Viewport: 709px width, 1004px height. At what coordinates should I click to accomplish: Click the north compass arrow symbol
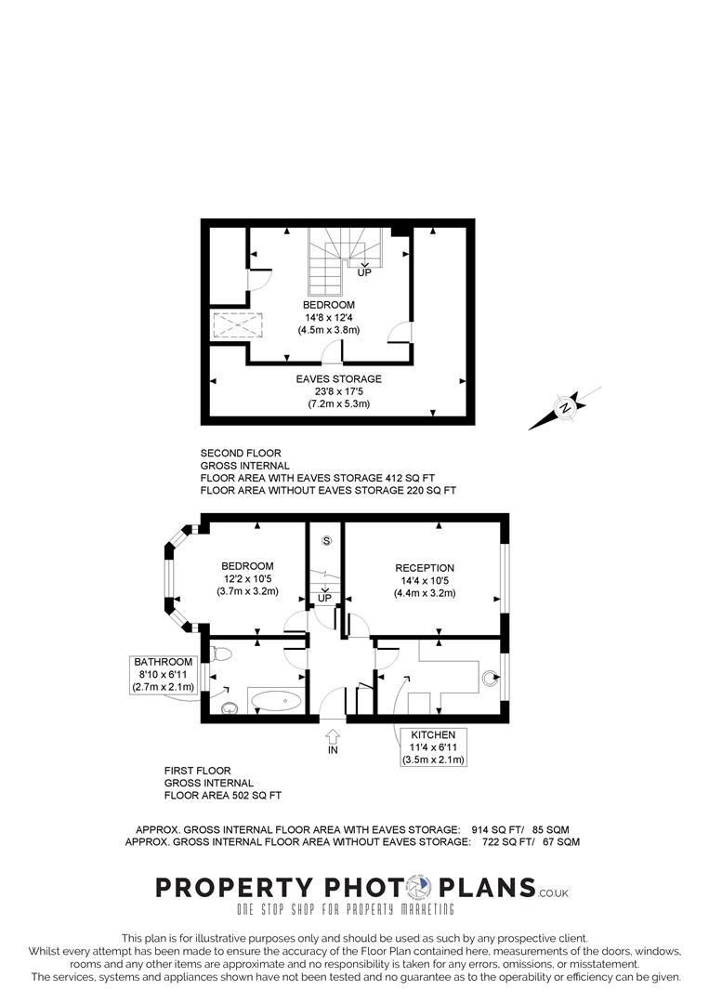(x=564, y=408)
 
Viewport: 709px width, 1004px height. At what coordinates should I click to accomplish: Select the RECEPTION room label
(x=424, y=568)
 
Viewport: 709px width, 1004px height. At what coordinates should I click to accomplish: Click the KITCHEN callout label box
(x=432, y=747)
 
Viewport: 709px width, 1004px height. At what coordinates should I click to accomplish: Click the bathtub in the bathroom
(x=276, y=701)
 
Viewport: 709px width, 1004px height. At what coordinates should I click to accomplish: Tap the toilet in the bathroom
(x=217, y=653)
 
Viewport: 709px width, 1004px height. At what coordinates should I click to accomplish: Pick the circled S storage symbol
(x=325, y=540)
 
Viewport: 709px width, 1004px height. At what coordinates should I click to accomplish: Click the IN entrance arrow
(x=333, y=740)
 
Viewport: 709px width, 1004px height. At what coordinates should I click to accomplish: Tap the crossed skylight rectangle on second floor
(x=238, y=326)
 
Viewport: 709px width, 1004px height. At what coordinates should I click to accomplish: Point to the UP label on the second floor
(x=364, y=272)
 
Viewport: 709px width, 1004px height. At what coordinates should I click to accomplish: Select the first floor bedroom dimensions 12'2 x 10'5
(x=247, y=579)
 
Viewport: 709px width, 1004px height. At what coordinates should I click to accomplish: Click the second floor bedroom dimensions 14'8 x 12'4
(x=328, y=318)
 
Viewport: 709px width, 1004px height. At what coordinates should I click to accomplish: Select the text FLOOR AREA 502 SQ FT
(x=222, y=796)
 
